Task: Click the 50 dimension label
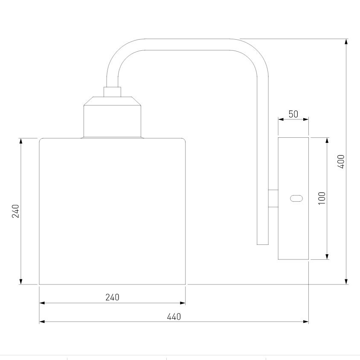click(293, 114)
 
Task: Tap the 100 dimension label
click(322, 198)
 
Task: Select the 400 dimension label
click(341, 162)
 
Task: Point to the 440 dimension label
click(174, 317)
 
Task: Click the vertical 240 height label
click(16, 211)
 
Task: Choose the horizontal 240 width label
click(112, 297)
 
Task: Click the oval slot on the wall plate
click(296, 198)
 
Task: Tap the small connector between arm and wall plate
click(273, 199)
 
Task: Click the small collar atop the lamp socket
click(112, 92)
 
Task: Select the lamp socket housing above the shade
click(112, 117)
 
